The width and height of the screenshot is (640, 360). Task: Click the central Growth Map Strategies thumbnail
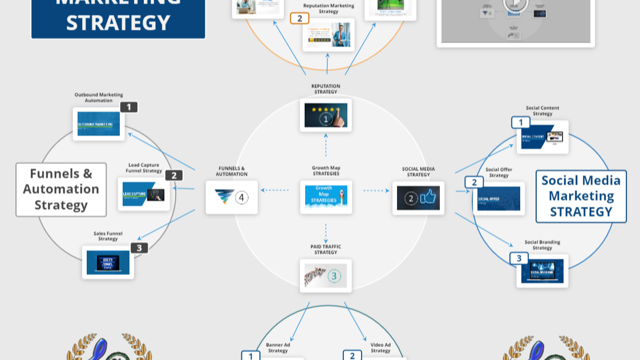pyautogui.click(x=326, y=197)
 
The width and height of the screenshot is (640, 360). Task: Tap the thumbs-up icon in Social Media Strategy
pyautogui.click(x=428, y=197)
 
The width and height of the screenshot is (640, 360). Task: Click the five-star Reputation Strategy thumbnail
pyautogui.click(x=326, y=115)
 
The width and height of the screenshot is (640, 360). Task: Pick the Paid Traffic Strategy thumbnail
pyautogui.click(x=326, y=276)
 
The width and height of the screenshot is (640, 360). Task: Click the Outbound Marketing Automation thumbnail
pyautogui.click(x=99, y=124)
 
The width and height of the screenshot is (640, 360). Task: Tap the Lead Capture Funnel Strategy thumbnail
pyautogui.click(x=144, y=194)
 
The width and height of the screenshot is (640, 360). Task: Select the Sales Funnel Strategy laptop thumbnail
pyautogui.click(x=108, y=262)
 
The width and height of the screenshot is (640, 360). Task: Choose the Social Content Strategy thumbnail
pyautogui.click(x=542, y=137)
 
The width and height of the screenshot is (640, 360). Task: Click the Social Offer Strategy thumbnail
pyautogui.click(x=499, y=199)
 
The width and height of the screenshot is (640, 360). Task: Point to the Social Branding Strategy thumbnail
pyautogui.click(x=542, y=271)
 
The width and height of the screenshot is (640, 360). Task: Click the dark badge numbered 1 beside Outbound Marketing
pyautogui.click(x=129, y=107)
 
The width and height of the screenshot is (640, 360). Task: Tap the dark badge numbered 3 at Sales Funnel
pyautogui.click(x=139, y=248)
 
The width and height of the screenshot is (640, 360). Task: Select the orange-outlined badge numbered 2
pyautogui.click(x=299, y=18)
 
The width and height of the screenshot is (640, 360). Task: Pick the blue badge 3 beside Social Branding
pyautogui.click(x=519, y=258)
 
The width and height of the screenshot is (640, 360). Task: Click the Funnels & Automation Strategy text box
pyautogui.click(x=61, y=189)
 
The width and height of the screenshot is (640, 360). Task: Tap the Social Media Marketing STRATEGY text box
pyautogui.click(x=581, y=196)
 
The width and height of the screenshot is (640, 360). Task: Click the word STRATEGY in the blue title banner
pyautogui.click(x=118, y=23)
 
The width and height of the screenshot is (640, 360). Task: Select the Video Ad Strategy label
pyautogui.click(x=380, y=347)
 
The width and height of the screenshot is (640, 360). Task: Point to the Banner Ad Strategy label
pyautogui.click(x=278, y=347)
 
